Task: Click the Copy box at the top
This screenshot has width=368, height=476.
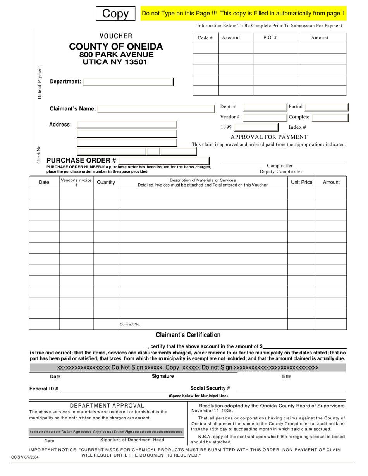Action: pyautogui.click(x=115, y=14)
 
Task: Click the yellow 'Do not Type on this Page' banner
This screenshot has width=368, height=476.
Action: pyautogui.click(x=243, y=14)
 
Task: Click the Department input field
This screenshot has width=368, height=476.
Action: pyautogui.click(x=128, y=82)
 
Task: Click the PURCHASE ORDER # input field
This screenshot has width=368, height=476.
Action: pyautogui.click(x=164, y=161)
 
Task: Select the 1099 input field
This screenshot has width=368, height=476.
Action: pyautogui.click(x=256, y=127)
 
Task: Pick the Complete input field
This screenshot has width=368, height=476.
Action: pyautogui.click(x=330, y=117)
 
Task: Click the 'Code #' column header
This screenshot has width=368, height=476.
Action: pyautogui.click(x=205, y=38)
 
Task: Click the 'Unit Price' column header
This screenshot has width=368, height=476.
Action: pyautogui.click(x=301, y=182)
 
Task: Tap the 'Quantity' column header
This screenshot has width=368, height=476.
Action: pyautogui.click(x=106, y=182)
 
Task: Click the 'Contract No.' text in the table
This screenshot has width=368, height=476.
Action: pyautogui.click(x=130, y=324)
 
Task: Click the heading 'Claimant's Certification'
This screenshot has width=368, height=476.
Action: pyautogui.click(x=188, y=335)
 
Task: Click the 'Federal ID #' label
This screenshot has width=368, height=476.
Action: pyautogui.click(x=44, y=389)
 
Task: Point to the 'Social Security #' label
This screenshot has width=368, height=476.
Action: pyautogui.click(x=210, y=388)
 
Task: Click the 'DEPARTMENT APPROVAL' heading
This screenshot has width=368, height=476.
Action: pyautogui.click(x=107, y=406)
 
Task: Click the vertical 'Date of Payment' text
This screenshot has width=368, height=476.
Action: pyautogui.click(x=40, y=83)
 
